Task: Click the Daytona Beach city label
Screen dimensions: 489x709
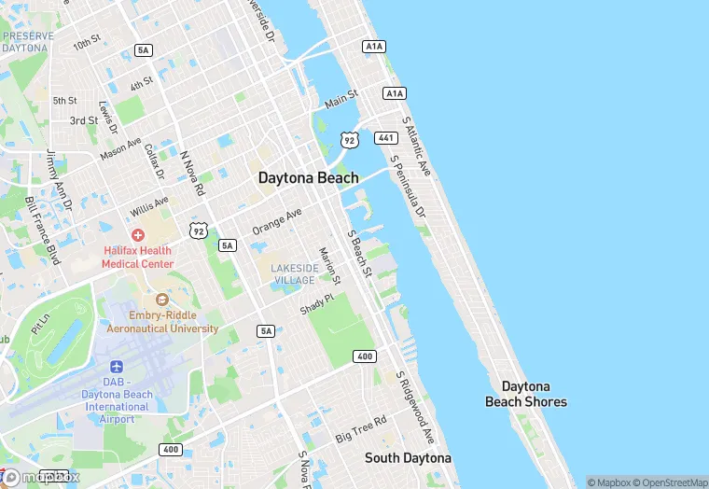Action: click(308, 177)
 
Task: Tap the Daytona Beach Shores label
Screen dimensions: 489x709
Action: click(525, 394)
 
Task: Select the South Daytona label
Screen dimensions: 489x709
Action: click(408, 458)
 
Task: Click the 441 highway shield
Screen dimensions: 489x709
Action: click(386, 138)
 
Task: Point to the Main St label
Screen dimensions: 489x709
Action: click(341, 98)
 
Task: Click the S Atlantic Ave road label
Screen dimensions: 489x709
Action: click(416, 146)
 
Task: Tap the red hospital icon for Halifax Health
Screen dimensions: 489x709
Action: click(138, 235)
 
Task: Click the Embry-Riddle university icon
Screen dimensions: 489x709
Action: click(162, 300)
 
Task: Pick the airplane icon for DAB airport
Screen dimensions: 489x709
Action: click(117, 367)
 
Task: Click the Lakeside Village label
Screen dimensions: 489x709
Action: click(292, 273)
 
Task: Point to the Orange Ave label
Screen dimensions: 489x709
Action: click(277, 221)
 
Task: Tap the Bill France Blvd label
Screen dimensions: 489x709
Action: click(42, 231)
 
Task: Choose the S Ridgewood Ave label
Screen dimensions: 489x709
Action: click(416, 408)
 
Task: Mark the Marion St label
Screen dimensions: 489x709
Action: click(329, 265)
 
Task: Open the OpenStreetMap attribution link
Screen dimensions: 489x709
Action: click(668, 482)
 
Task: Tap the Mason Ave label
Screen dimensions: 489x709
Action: click(120, 147)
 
